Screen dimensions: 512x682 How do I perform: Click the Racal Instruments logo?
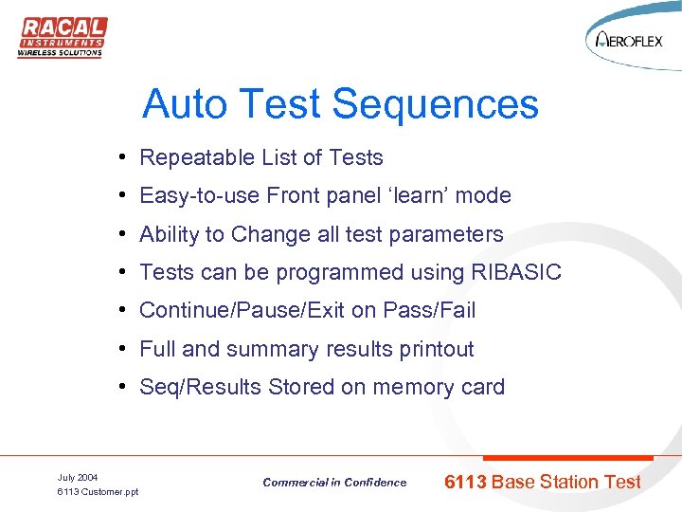(62, 37)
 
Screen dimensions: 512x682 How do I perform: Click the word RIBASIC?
(515, 273)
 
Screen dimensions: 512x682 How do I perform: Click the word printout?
(430, 349)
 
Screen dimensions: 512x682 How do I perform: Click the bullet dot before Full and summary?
(124, 349)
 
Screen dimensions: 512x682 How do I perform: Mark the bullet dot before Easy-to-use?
(124, 196)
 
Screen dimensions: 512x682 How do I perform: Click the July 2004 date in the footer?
(78, 477)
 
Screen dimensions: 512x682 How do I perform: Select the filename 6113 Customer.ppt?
(98, 492)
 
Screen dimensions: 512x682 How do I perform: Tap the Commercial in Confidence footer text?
(334, 483)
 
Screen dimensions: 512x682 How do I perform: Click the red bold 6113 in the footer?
(465, 482)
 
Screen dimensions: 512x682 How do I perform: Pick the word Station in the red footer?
(572, 482)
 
